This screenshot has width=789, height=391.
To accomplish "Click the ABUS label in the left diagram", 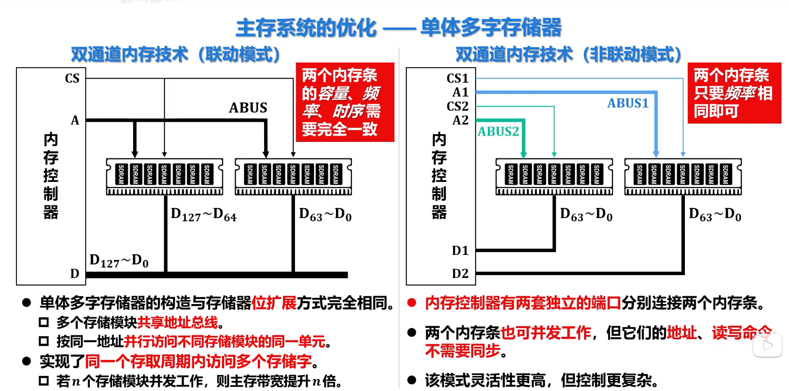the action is pos(248,108).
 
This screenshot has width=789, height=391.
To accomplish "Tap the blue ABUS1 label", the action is pos(628,103).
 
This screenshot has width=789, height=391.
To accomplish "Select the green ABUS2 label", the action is pos(498,131).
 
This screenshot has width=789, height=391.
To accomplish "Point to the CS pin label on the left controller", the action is pos(72,79).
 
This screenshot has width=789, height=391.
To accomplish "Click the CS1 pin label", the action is pos(457,78).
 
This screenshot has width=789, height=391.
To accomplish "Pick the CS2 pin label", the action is pos(457,106).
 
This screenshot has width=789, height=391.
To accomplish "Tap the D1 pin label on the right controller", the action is pos(460,251).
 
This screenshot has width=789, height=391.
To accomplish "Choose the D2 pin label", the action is pos(460,273).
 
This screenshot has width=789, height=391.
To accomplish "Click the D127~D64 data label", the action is pos(204,215).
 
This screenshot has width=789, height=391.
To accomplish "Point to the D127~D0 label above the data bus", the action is pos(119,261).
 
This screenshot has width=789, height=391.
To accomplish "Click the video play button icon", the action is pos(767,345).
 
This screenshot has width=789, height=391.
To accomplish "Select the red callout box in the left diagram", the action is pos(345,102).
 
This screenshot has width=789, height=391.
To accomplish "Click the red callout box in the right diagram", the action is pos(734,93).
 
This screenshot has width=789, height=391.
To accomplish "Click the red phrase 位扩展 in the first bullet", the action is pos(274,302).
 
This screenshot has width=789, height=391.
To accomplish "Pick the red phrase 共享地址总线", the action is pos(178,322).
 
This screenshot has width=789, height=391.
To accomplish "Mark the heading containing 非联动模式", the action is pos(569,54).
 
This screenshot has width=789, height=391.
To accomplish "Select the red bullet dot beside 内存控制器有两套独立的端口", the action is pos(412,302).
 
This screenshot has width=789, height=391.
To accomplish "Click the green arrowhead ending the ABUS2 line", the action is pos(523,155).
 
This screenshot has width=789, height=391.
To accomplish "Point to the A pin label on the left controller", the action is pos(75,120).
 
